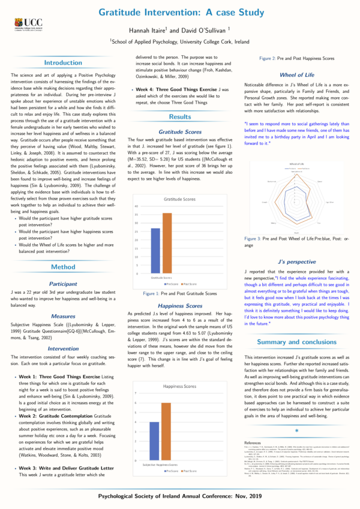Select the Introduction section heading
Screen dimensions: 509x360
point(63,62)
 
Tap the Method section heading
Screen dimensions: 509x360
point(63,250)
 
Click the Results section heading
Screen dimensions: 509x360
point(180,117)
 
